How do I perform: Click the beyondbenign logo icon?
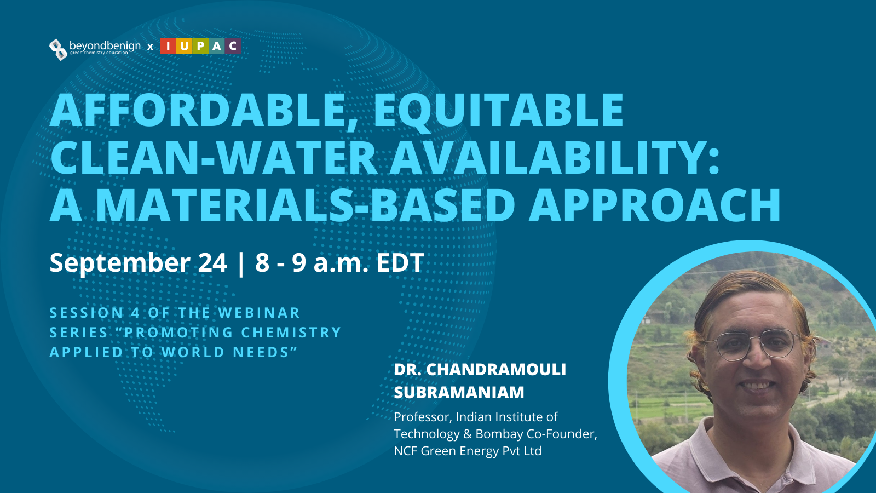(58, 50)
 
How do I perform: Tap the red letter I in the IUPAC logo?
(168, 46)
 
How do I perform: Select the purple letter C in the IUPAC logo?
(233, 46)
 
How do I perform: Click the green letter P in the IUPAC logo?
(200, 46)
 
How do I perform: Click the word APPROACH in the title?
(655, 205)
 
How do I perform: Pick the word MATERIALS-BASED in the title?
(306, 205)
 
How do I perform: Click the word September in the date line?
(120, 263)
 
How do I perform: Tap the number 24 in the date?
(212, 262)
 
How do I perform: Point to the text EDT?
(400, 262)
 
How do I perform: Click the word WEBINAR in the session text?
(259, 313)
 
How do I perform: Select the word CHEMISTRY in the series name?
(291, 332)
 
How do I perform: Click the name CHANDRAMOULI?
(496, 370)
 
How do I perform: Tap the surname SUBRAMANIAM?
(459, 392)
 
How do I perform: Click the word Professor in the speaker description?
(423, 417)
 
